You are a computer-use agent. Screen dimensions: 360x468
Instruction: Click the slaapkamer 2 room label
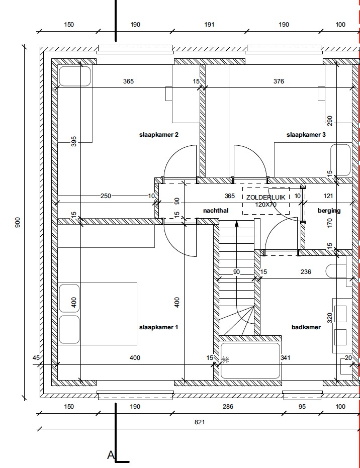pyautogui.click(x=159, y=135)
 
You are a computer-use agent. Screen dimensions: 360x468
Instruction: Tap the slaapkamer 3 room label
pyautogui.click(x=306, y=135)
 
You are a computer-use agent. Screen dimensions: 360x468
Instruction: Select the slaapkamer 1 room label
pyautogui.click(x=158, y=327)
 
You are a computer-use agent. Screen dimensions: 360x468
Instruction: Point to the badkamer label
pyautogui.click(x=306, y=327)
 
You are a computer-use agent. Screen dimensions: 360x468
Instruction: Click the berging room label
pyautogui.click(x=329, y=211)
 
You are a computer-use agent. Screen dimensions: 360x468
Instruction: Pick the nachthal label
pyautogui.click(x=216, y=211)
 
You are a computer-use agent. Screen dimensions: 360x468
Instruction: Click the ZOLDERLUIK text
pyautogui.click(x=265, y=197)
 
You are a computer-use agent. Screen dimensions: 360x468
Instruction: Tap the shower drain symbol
pyautogui.click(x=225, y=359)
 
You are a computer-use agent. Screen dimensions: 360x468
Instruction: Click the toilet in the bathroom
pyautogui.click(x=336, y=271)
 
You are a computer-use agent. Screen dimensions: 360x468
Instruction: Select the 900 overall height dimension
pyautogui.click(x=18, y=222)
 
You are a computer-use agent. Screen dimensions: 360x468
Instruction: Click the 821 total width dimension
pyautogui.click(x=200, y=422)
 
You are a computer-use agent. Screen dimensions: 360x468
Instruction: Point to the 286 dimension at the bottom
pyautogui.click(x=228, y=406)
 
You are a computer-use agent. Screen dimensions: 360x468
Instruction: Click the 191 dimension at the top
pyautogui.click(x=209, y=25)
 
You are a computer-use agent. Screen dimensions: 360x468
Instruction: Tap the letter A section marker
pyautogui.click(x=111, y=455)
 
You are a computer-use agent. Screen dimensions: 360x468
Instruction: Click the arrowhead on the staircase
pyautogui.click(x=236, y=223)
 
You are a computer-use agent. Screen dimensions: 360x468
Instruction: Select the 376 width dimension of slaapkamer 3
pyautogui.click(x=279, y=81)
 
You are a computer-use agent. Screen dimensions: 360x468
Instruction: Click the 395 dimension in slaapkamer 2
pyautogui.click(x=74, y=141)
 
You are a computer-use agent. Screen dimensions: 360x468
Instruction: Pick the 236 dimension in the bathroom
pyautogui.click(x=306, y=271)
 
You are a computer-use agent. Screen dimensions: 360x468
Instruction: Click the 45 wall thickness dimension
pyautogui.click(x=36, y=357)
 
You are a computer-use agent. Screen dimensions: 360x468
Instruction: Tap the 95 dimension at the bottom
pyautogui.click(x=302, y=406)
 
